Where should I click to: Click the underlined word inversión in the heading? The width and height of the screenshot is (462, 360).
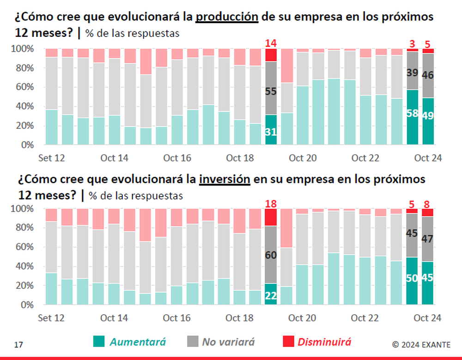coord(225,179)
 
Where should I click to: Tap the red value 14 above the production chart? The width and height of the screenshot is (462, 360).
coord(271,43)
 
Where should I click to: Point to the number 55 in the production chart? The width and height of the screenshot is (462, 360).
coord(271,91)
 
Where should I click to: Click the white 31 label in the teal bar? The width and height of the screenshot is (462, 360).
coord(271,132)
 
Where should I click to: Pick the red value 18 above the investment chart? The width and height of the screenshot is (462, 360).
coord(271,204)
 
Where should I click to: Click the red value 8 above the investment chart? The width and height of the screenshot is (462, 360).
coord(428,204)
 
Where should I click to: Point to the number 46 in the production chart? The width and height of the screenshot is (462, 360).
coord(428,75)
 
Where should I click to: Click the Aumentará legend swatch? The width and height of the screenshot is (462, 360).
coord(98,342)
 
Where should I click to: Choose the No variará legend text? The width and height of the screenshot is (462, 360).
coord(228,342)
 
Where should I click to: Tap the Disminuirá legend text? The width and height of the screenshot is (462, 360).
coord(324,342)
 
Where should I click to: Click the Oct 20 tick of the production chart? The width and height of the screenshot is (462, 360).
coord(303,158)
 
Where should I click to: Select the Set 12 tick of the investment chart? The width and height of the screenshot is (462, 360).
coord(51,318)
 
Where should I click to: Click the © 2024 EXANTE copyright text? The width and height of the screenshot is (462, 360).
coord(420,344)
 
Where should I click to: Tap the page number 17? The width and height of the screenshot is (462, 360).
coord(18,344)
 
